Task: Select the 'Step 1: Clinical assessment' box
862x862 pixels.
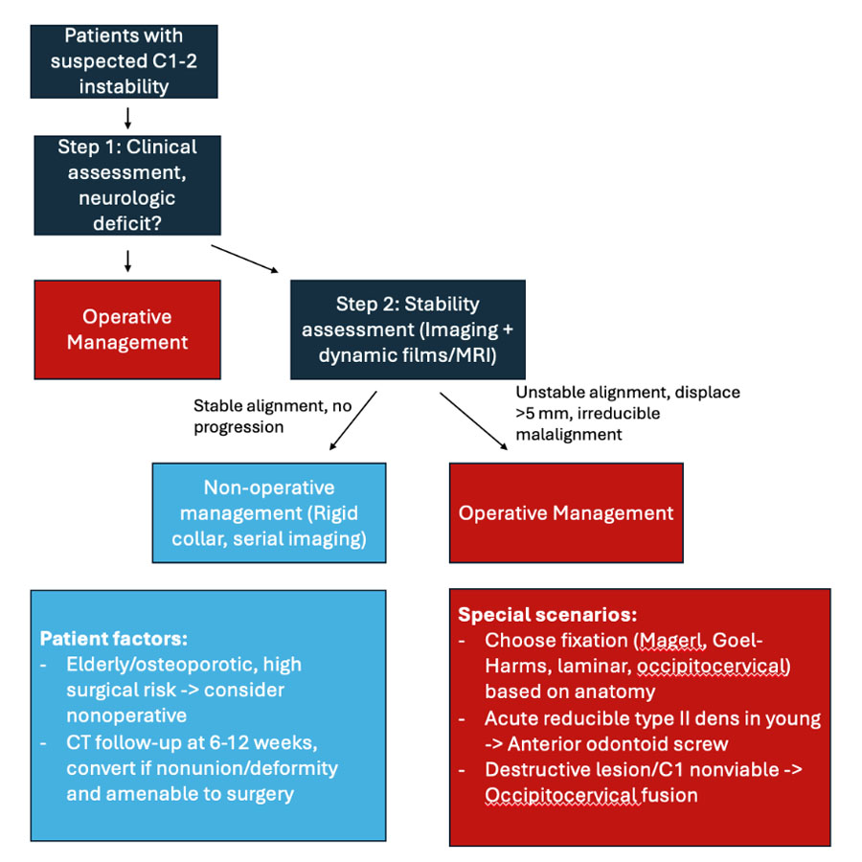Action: click(x=127, y=185)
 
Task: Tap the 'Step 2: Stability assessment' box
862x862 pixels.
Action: click(x=407, y=329)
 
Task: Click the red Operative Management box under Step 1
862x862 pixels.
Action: click(x=127, y=329)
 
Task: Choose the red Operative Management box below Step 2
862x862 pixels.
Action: click(x=566, y=512)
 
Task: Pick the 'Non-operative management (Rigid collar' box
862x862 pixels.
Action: click(x=269, y=512)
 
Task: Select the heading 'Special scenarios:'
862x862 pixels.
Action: click(x=547, y=614)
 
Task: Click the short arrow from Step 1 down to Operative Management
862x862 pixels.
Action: click(x=127, y=259)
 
